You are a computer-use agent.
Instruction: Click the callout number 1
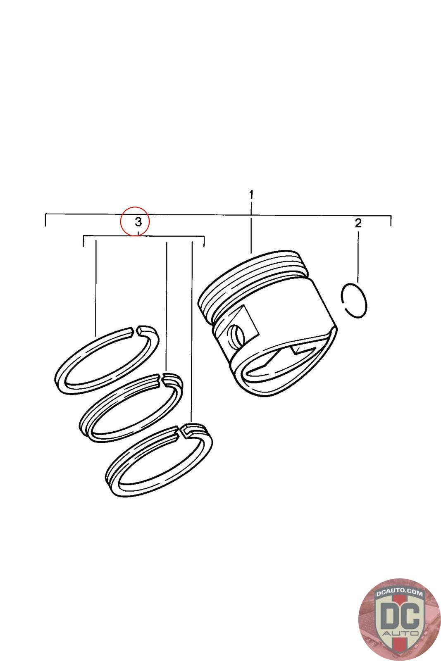(x=251, y=195)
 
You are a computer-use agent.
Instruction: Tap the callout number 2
(x=358, y=223)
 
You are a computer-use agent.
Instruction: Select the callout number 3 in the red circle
(x=138, y=221)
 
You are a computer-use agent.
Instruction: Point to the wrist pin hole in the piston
(x=237, y=335)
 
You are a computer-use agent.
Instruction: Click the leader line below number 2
(x=358, y=257)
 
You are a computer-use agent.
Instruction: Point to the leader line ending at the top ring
(x=96, y=289)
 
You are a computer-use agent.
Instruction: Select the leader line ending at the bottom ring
(x=192, y=332)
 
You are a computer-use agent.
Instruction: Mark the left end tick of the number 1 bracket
(x=45, y=220)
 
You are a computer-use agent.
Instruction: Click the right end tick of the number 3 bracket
(x=204, y=241)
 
